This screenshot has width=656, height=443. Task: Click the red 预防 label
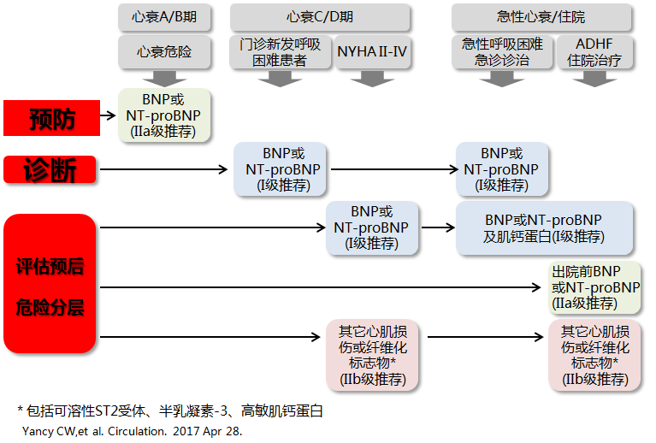pyautogui.click(x=52, y=118)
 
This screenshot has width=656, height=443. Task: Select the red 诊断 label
pyautogui.click(x=52, y=169)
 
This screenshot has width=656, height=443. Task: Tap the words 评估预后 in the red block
pyautogui.click(x=50, y=266)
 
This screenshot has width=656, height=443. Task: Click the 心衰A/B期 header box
pyautogui.click(x=164, y=16)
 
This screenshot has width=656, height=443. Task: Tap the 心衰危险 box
pyautogui.click(x=164, y=51)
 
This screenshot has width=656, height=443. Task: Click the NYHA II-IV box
pyautogui.click(x=372, y=51)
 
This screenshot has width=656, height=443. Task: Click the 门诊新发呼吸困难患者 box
pyautogui.click(x=280, y=51)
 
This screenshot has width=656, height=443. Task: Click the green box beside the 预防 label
pyautogui.click(x=164, y=115)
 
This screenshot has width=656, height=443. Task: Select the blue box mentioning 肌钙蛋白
pyautogui.click(x=545, y=228)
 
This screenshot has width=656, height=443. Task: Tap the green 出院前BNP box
pyautogui.click(x=595, y=286)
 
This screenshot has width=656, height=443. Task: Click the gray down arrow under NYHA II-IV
pyautogui.click(x=372, y=79)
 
